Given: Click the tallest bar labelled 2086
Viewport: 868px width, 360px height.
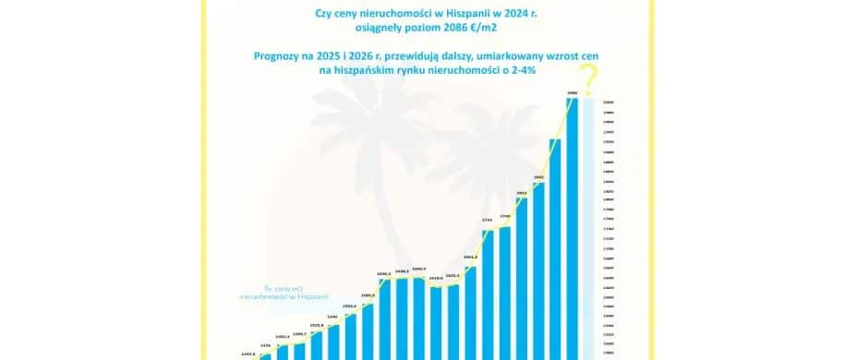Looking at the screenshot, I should click(x=573, y=231).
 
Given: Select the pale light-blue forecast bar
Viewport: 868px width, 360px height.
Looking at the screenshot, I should click(x=590, y=231).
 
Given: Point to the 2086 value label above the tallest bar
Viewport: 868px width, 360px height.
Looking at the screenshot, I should click(x=573, y=92).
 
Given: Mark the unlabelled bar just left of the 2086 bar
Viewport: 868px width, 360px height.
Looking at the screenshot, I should click(x=556, y=249).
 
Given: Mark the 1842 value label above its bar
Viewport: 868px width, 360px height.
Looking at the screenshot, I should click(x=538, y=176).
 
